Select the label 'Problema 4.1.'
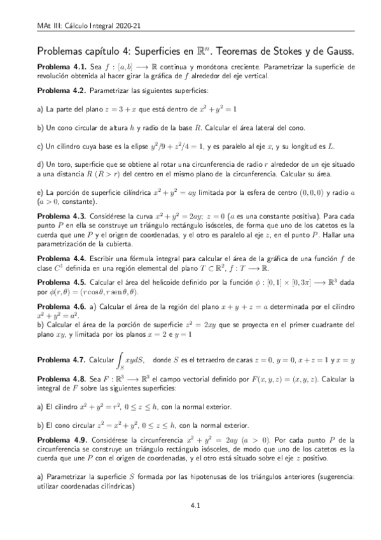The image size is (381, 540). [x=60, y=66]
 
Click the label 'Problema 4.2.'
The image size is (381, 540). [x=60, y=91]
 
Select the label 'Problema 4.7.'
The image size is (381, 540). [x=60, y=360]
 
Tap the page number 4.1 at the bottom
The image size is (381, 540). [x=196, y=507]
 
